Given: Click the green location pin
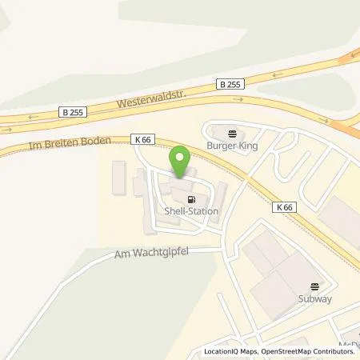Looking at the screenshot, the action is pos(181,160).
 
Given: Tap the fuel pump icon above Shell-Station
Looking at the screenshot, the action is pos(190,200).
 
